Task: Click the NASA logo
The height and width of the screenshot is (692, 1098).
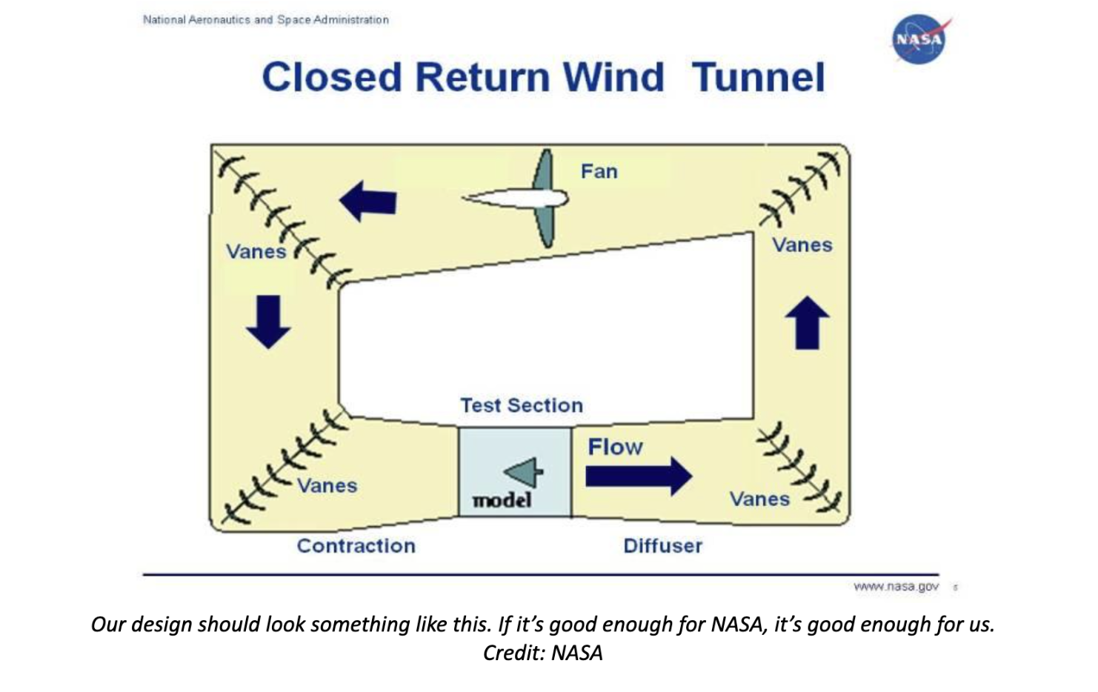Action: tap(919, 39)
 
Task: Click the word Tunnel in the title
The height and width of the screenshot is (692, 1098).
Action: tap(758, 78)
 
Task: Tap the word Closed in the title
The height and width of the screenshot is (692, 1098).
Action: tap(331, 78)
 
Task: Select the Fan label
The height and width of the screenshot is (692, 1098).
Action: tap(599, 171)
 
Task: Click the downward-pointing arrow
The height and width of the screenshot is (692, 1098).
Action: tap(268, 322)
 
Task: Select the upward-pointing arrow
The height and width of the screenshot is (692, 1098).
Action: tap(807, 323)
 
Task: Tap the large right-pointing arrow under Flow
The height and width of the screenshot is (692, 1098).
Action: tap(638, 476)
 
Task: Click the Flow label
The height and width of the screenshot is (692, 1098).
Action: tap(615, 447)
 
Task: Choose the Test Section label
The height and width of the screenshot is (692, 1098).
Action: tap(522, 405)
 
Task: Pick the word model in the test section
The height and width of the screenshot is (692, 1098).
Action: tap(502, 501)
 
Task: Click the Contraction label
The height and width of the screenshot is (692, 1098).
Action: tap(356, 546)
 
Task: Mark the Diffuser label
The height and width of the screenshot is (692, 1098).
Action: tap(662, 546)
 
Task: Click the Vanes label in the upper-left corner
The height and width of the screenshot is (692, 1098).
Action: tap(256, 252)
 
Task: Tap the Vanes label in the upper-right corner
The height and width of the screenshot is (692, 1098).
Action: tap(802, 245)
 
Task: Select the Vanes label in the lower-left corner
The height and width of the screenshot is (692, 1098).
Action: tap(327, 486)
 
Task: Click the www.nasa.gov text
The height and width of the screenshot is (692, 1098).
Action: tap(896, 587)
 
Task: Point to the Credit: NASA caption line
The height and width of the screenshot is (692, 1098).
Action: tap(542, 653)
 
